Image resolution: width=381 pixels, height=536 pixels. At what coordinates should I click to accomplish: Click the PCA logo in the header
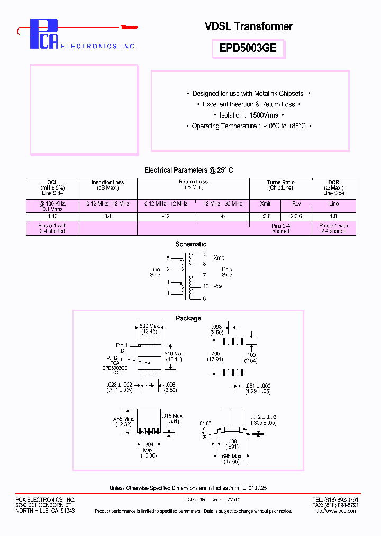(43, 34)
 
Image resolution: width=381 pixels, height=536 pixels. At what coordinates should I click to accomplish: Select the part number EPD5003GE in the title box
(248, 49)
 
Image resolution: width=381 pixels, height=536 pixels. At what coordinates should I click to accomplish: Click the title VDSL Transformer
(248, 26)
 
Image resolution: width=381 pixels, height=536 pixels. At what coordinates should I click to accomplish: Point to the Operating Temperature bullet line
(248, 126)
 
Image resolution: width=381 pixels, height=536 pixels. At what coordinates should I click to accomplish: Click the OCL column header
(52, 182)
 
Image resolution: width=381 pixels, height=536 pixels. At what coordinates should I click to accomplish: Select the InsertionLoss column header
(107, 182)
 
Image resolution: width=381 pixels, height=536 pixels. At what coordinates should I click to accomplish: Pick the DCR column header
(333, 182)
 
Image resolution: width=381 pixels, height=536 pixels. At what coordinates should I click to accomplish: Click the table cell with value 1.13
(52, 216)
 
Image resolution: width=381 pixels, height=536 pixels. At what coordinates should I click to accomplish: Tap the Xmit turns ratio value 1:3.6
(265, 216)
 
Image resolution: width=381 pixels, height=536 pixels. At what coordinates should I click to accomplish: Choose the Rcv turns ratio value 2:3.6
(296, 216)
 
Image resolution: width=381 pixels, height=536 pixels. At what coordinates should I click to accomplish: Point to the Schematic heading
(190, 244)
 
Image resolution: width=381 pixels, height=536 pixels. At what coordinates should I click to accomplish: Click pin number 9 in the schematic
(205, 254)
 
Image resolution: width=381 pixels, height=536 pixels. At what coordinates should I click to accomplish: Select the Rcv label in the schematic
(217, 287)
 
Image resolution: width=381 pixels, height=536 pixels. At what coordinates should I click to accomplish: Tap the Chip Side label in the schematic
(227, 272)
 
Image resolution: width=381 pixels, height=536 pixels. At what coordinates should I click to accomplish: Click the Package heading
(188, 318)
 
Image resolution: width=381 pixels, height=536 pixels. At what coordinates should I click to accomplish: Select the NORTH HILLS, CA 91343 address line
(45, 511)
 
